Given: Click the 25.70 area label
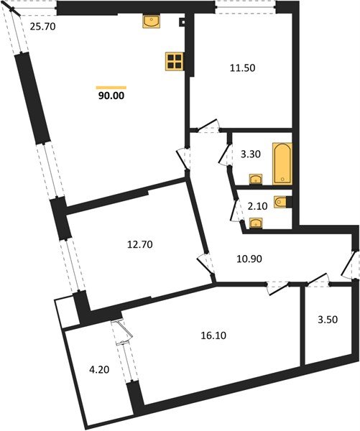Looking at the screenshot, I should [x=42, y=28].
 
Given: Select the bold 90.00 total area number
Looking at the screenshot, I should [x=111, y=93].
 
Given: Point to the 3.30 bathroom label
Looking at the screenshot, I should [x=251, y=153].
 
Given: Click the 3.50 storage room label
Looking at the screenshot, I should [x=327, y=321].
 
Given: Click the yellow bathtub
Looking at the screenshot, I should [x=281, y=163].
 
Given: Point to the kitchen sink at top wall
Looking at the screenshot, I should [x=152, y=23].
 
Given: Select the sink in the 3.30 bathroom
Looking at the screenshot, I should [x=255, y=179].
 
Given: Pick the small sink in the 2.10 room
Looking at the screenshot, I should [x=255, y=222].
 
